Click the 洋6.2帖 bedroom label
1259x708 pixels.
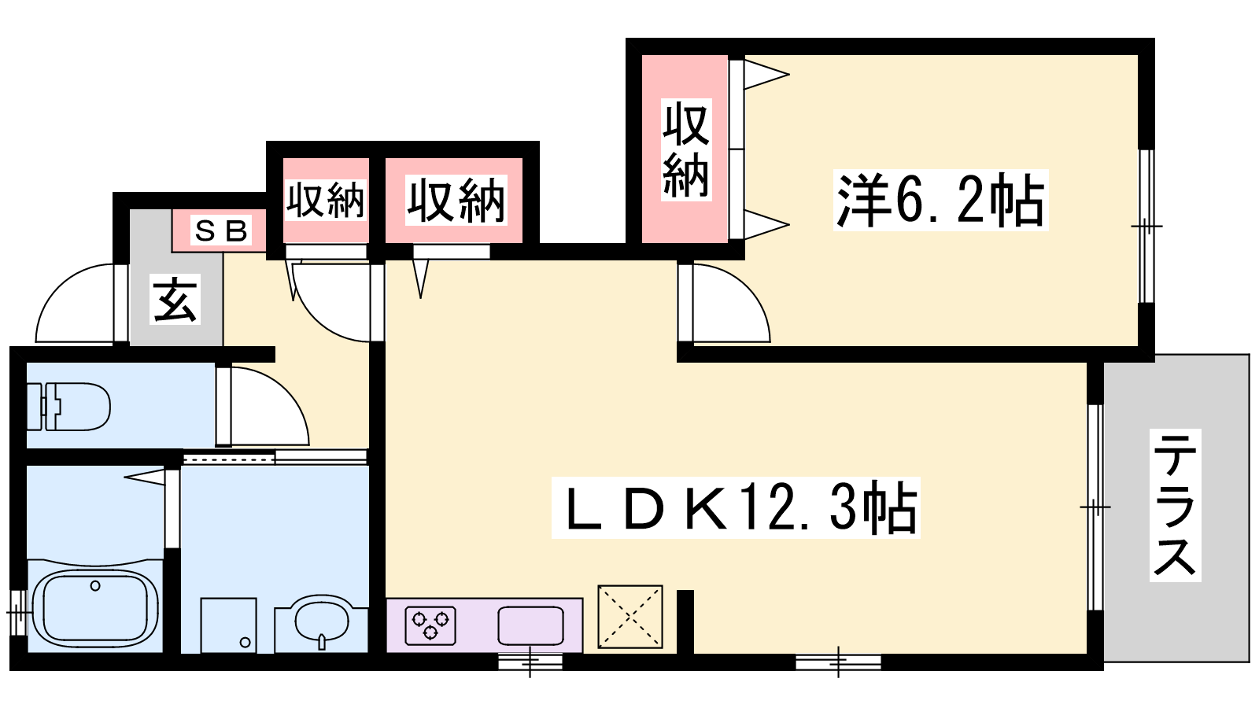940,200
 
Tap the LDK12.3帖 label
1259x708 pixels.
735,507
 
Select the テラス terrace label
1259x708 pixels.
1175,504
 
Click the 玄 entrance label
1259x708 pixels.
175,300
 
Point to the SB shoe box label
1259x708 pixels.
220,230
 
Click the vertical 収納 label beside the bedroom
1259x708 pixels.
685,149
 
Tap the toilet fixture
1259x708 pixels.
68,407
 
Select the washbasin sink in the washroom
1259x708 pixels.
322,622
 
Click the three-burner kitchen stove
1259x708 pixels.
430,625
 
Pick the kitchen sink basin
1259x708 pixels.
530,625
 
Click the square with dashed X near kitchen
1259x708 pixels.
630,617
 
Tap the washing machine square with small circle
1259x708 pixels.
229,625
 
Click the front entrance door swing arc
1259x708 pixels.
75,303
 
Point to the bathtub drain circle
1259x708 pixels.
95,586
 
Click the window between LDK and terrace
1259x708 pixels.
1095,507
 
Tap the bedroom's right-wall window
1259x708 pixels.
1146,226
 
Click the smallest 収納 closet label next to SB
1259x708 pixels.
326,200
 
